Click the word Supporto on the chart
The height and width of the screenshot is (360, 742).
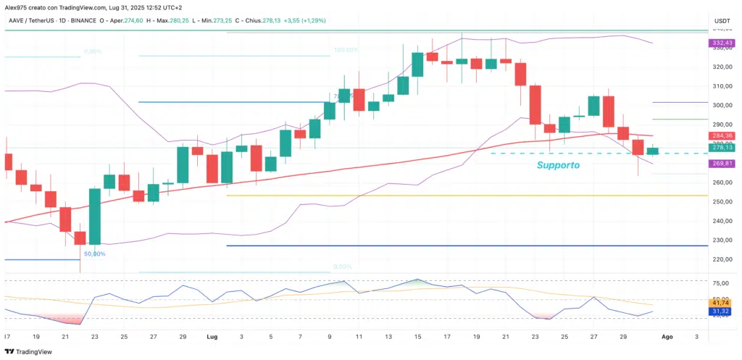[x=558, y=165]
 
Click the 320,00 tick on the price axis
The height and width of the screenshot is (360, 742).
[x=722, y=67]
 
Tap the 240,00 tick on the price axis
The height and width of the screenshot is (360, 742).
[x=722, y=221]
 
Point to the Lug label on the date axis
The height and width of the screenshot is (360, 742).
[x=212, y=337]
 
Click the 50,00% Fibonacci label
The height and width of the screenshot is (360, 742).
[x=95, y=254]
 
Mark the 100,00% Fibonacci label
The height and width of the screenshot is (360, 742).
[x=346, y=51]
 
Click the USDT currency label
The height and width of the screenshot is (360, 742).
[x=722, y=21]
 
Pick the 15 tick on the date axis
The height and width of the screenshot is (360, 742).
[x=417, y=337]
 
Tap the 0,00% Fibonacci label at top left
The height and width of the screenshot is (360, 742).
[x=92, y=51]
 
